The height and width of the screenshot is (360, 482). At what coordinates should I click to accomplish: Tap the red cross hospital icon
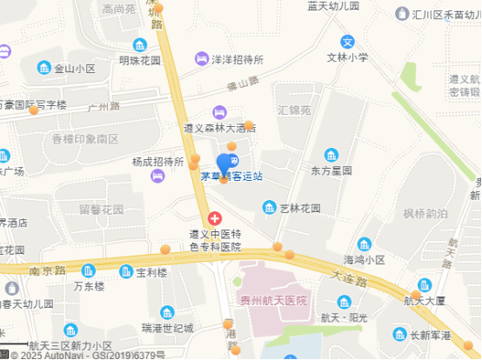pyautogui.click(x=214, y=218)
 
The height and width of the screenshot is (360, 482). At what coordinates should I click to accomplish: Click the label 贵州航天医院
pyautogui.click(x=274, y=301)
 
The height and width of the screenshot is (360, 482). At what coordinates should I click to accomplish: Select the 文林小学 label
pyautogui.click(x=347, y=58)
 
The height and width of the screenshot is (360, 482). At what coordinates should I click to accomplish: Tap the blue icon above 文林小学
pyautogui.click(x=347, y=42)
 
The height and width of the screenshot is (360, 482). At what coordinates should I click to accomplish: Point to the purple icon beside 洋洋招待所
pyautogui.click(x=202, y=59)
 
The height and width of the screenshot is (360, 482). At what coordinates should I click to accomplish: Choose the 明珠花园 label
pyautogui.click(x=140, y=61)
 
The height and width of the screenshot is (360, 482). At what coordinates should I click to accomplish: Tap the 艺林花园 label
pyautogui.click(x=299, y=208)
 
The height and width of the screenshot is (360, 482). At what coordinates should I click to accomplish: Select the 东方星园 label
pyautogui.click(x=331, y=170)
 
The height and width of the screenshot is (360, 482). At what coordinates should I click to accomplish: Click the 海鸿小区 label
pyautogui.click(x=364, y=259)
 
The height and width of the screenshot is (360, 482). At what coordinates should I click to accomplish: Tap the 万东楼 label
pyautogui.click(x=89, y=286)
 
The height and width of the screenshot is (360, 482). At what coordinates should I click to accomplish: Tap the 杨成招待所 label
pyautogui.click(x=158, y=162)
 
